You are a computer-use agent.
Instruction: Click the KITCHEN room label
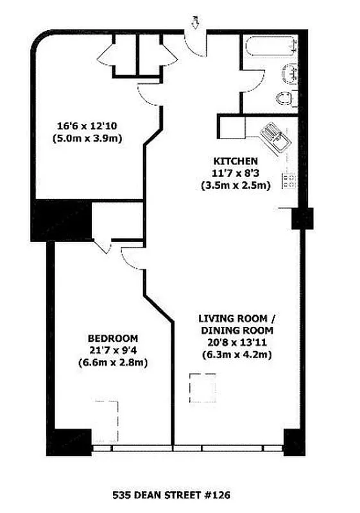click(x=236, y=160)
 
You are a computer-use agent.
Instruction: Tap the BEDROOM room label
click(x=113, y=338)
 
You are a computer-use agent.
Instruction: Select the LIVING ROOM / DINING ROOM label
click(x=239, y=324)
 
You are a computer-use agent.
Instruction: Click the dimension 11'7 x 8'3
click(x=236, y=173)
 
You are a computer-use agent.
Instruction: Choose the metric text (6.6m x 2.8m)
click(x=113, y=363)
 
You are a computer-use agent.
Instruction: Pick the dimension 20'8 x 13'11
click(x=239, y=342)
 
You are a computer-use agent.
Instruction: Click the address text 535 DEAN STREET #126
click(x=171, y=495)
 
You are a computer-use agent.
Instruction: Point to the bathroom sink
click(x=289, y=74)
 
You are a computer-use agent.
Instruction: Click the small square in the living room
click(x=199, y=387)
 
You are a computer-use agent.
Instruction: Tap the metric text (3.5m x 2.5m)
click(x=236, y=186)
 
